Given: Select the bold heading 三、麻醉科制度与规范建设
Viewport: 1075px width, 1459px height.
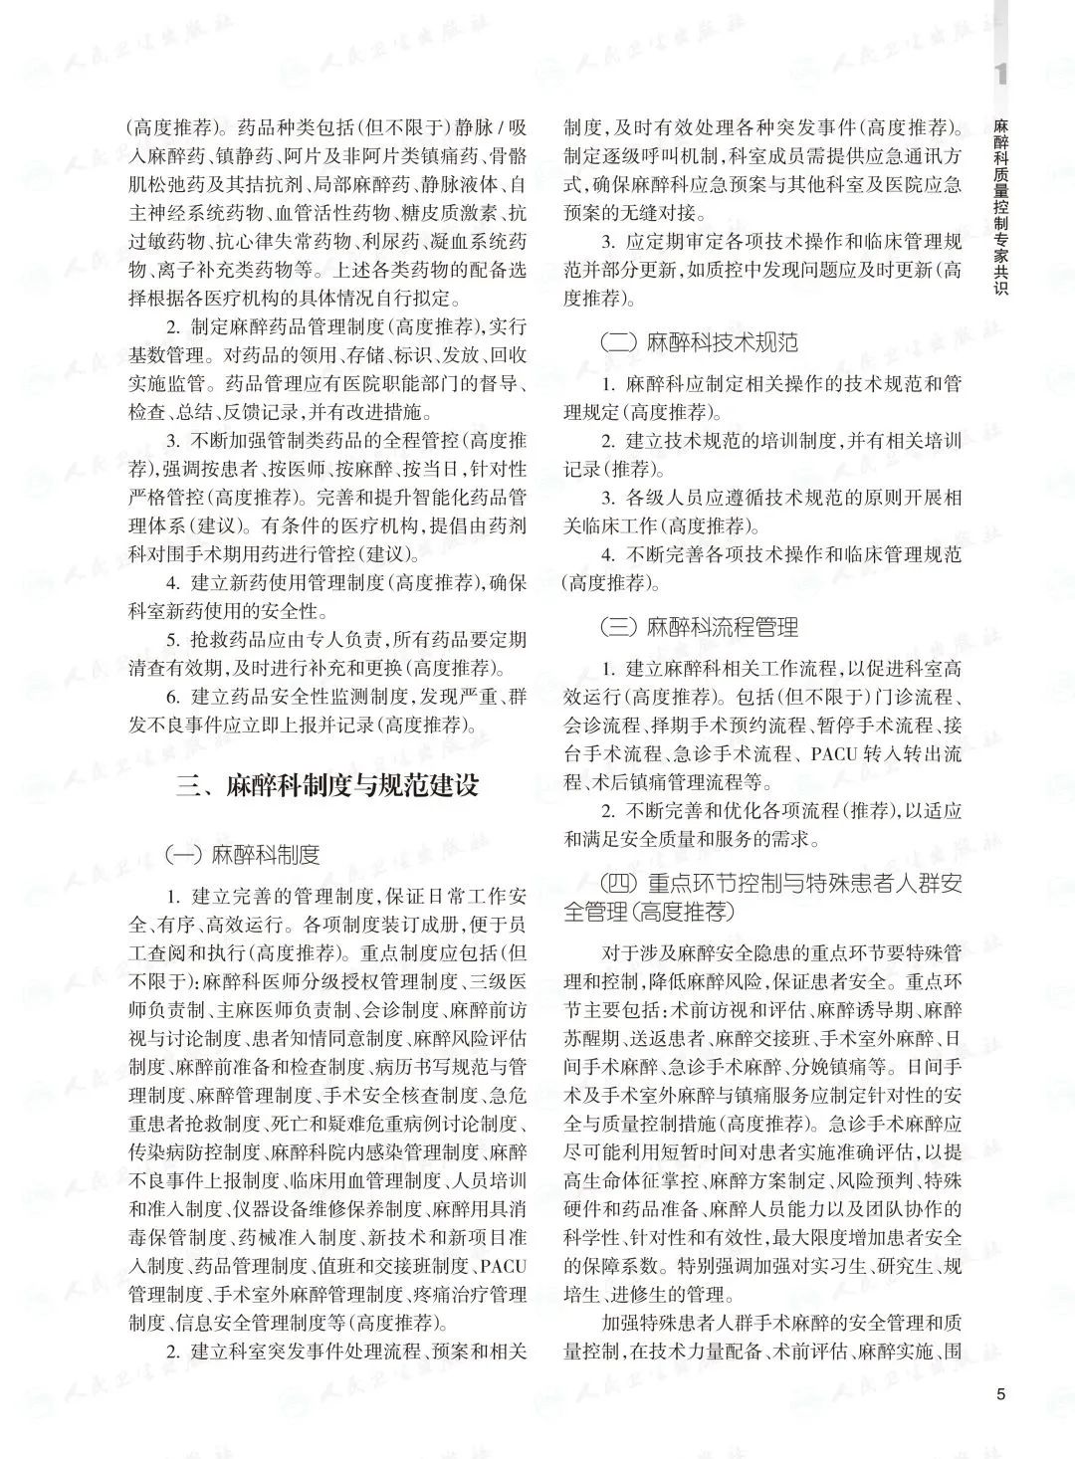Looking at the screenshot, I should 327,785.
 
